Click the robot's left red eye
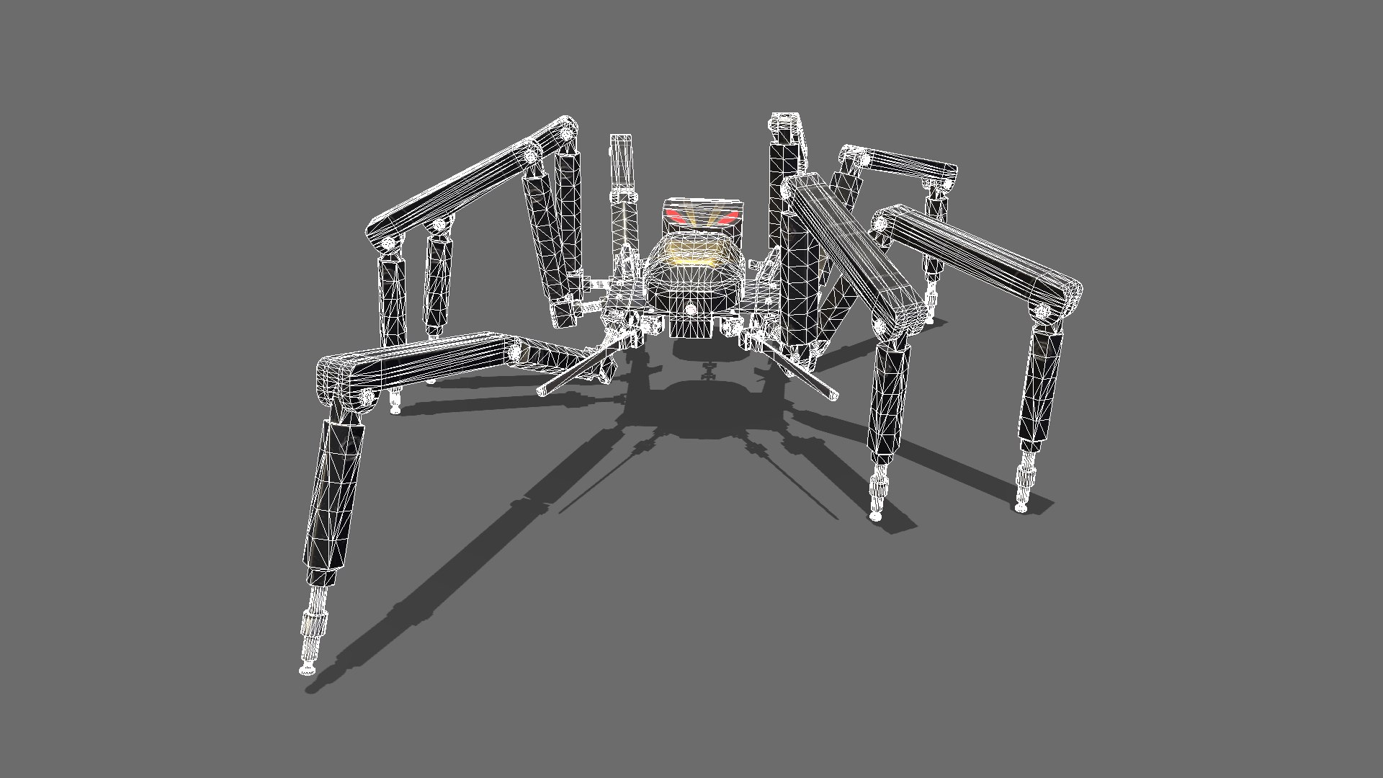[x=676, y=215]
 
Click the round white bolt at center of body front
[x=690, y=309]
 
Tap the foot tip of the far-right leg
[x=1021, y=508]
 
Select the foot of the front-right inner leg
[x=875, y=516]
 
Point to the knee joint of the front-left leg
[x=366, y=396]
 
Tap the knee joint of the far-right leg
[x=1042, y=312]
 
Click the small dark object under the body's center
[x=707, y=372]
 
